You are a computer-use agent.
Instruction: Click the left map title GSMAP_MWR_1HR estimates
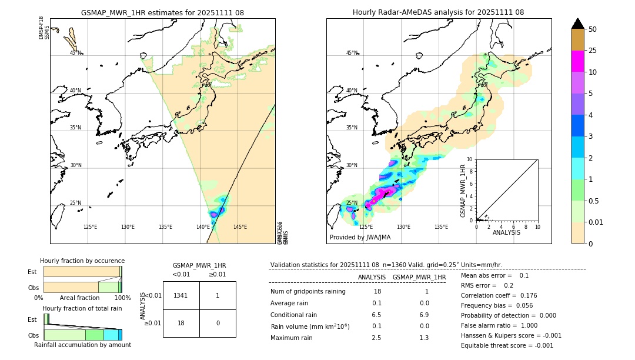tap(162, 12)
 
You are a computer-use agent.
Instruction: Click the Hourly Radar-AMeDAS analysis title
tap(438, 12)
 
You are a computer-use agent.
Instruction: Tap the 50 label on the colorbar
tap(593, 29)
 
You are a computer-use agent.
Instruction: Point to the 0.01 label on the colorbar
tap(597, 222)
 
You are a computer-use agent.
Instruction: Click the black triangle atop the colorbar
tap(578, 24)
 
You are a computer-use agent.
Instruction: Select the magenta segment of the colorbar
tap(578, 61)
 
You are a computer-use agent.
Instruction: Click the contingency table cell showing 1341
tap(181, 295)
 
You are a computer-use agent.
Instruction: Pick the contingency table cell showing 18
tap(181, 323)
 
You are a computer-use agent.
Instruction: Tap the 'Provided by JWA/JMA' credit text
tap(360, 237)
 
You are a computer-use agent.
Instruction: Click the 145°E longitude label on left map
tap(240, 227)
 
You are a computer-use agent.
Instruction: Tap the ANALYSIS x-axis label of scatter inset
tap(506, 232)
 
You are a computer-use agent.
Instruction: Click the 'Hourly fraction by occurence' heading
tap(82, 261)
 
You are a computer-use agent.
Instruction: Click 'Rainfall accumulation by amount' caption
tap(82, 345)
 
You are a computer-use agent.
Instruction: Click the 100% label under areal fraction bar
tap(122, 298)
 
